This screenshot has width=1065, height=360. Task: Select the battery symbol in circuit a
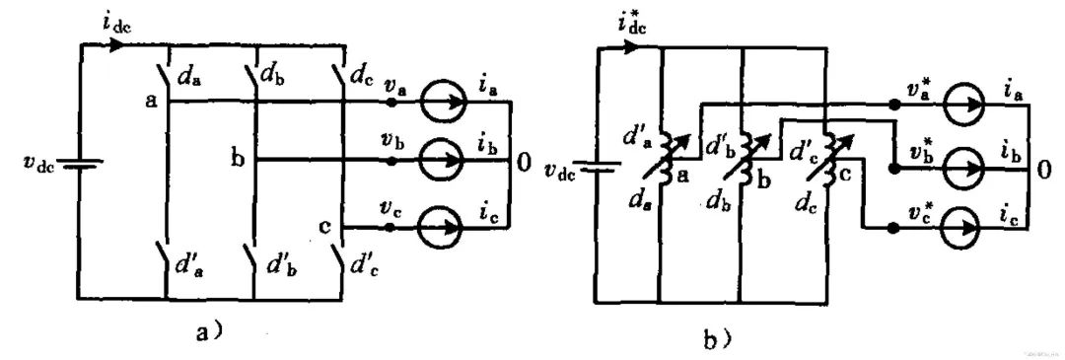click(x=80, y=164)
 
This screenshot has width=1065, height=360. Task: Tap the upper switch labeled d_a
click(x=166, y=74)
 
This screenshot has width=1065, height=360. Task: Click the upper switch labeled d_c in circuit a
click(x=340, y=74)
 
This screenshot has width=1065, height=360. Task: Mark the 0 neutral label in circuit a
click(x=524, y=160)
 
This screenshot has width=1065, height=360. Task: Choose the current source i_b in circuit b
click(x=963, y=169)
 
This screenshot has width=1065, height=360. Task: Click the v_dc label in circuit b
click(x=559, y=170)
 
